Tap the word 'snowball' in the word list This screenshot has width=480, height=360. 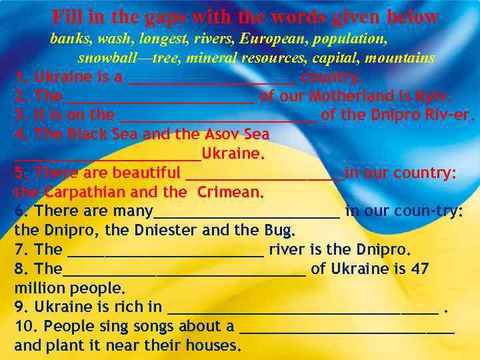pyautogui.click(x=106, y=58)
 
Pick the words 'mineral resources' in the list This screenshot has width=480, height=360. pyautogui.click(x=238, y=58)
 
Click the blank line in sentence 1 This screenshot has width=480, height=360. pyautogui.click(x=211, y=79)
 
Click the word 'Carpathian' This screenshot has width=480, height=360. pyautogui.click(x=85, y=193)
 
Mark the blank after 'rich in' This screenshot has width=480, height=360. pyautogui.click(x=303, y=309)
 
